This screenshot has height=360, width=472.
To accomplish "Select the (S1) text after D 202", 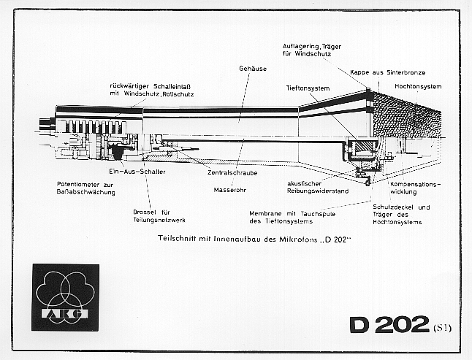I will [x=441, y=327].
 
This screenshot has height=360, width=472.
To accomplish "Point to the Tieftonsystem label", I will [x=308, y=87].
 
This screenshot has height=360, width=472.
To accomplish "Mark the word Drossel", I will [x=145, y=212].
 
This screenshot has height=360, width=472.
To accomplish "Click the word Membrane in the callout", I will [x=264, y=213].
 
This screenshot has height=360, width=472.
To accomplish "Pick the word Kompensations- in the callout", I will [x=416, y=183].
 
